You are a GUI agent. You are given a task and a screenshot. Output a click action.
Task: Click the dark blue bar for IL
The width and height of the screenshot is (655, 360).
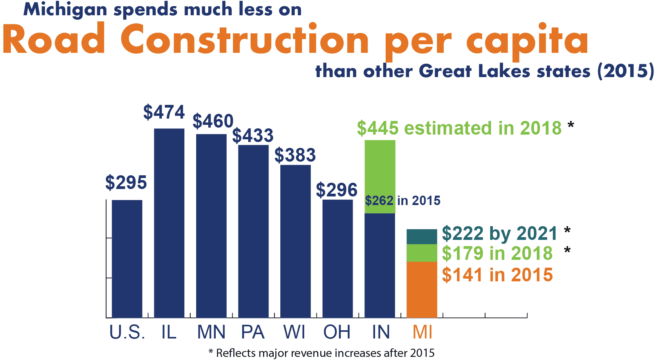169,223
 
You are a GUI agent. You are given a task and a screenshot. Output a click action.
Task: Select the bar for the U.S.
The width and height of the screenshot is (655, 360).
127,259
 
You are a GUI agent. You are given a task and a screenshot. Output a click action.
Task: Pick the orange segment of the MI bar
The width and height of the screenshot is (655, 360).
422,290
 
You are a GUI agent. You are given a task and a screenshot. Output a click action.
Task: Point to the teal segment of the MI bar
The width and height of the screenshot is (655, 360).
422,237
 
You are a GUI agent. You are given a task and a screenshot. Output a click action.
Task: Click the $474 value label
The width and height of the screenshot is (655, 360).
164,112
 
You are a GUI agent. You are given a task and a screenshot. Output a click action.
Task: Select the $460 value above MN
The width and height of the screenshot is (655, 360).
213,121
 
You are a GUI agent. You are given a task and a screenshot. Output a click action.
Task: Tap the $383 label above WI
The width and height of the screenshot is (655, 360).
295,155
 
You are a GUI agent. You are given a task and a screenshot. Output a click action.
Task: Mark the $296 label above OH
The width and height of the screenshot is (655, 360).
336,190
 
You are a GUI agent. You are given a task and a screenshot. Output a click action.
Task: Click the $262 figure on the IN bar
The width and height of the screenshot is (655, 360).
379,201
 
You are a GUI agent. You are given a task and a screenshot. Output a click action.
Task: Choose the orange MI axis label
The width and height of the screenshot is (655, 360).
422,332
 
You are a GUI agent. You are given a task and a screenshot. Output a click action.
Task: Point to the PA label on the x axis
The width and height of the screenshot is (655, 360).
253,332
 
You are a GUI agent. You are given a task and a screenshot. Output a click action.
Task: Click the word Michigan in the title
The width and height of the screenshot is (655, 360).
65,10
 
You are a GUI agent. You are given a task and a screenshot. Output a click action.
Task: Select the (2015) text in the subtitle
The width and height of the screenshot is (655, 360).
625,72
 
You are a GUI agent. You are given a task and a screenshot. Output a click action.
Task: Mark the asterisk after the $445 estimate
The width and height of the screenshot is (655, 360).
571,126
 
